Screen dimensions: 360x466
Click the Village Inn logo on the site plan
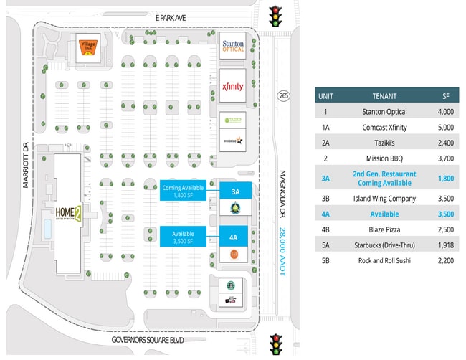coord(87,49)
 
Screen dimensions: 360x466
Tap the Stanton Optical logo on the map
coord(232,45)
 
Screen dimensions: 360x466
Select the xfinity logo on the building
coord(232,86)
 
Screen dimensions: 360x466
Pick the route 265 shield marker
coord(285,95)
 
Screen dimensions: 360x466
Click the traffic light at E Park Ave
coord(275,16)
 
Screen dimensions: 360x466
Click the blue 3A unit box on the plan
coord(234,191)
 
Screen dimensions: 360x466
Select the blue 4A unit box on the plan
coord(234,236)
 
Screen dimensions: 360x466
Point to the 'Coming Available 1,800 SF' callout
coord(184,191)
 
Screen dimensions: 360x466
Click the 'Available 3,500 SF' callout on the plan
coord(184,236)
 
